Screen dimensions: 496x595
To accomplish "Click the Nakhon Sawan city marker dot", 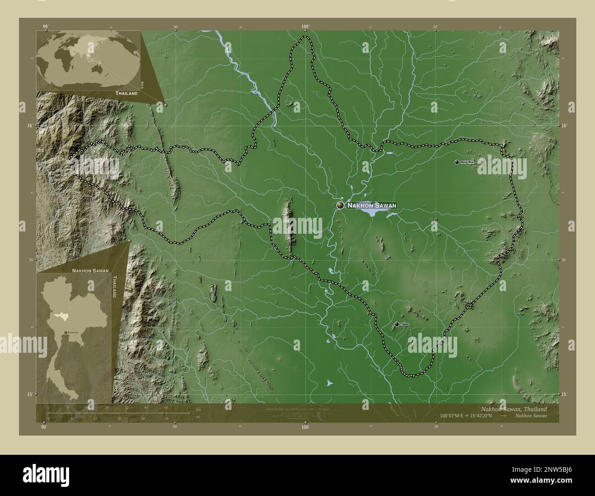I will click(340, 205).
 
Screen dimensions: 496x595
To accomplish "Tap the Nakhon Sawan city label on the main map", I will click(371, 206).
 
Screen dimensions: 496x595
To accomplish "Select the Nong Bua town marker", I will click(457, 162).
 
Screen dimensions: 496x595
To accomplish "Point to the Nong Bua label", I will click(467, 162).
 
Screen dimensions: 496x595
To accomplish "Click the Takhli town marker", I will click(396, 324).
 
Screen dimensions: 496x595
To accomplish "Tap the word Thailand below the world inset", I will click(126, 93).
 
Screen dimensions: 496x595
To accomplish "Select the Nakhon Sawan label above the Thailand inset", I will click(90, 270).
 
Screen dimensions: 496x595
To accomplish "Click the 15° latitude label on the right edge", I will click(564, 394).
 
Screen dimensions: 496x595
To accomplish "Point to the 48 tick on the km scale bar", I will click(165, 407).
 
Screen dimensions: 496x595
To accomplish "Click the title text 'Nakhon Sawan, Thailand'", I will click(513, 409).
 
